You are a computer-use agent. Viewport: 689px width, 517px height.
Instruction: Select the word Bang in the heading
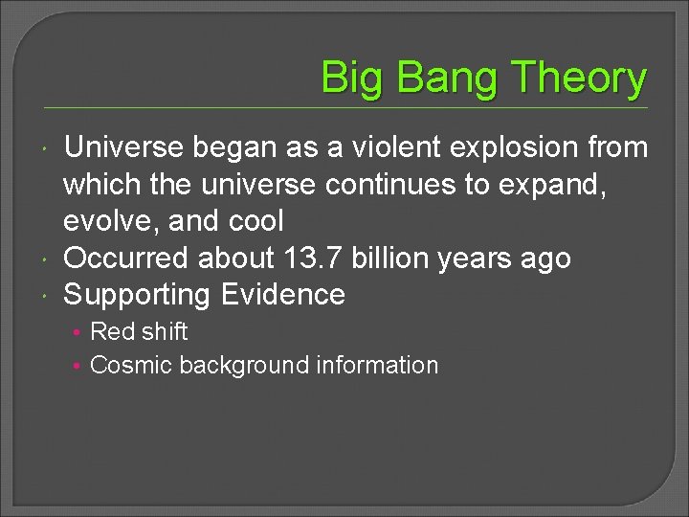click(441, 79)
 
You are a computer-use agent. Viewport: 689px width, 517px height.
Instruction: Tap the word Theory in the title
click(580, 79)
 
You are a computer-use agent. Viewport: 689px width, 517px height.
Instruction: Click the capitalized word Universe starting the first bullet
click(123, 147)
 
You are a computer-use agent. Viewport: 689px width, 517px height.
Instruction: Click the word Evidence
click(282, 294)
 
